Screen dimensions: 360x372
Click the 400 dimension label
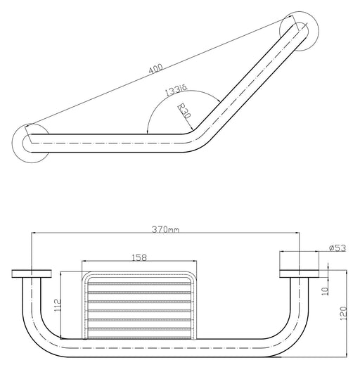(x=156, y=68)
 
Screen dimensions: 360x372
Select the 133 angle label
(x=176, y=90)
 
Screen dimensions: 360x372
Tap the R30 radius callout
(x=184, y=110)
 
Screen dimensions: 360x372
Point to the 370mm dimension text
(x=165, y=229)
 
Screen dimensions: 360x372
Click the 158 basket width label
(x=139, y=257)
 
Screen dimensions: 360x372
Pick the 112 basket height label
(x=58, y=305)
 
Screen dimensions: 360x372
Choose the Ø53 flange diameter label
(x=337, y=248)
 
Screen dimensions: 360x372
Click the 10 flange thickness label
(x=325, y=291)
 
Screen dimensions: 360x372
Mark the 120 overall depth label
(x=343, y=314)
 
